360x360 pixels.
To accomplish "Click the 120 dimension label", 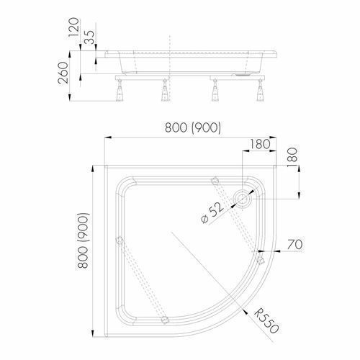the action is click(74, 27).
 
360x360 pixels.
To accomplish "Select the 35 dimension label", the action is click(89, 37).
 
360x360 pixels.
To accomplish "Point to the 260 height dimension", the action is click(63, 73).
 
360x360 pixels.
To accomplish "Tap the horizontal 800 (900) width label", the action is click(193, 127).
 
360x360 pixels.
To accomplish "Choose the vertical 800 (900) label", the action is click(83, 240).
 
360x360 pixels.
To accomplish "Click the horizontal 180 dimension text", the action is click(260, 144).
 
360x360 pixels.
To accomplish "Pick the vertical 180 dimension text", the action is click(292, 158).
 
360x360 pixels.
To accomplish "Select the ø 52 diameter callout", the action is click(212, 212).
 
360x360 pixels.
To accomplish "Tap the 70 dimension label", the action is click(295, 245).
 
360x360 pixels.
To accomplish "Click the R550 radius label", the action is click(266, 321).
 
